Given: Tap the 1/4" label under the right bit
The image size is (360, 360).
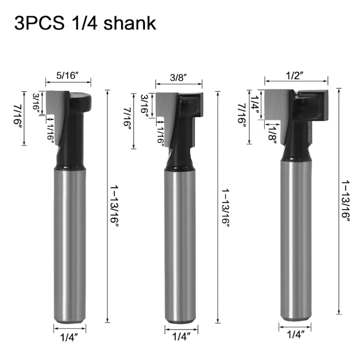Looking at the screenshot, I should coord(295,334).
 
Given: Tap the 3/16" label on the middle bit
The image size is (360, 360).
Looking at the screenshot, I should coord(144,106).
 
